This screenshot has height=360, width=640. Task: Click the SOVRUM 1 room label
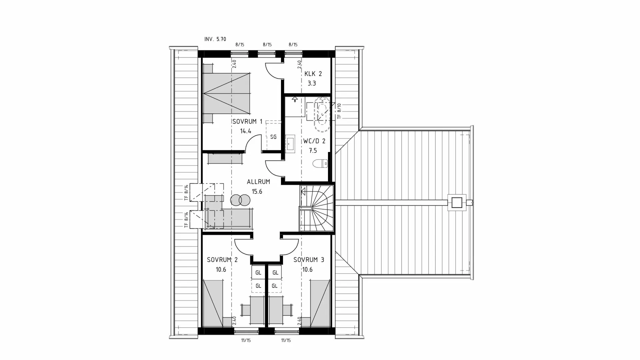pyautogui.click(x=247, y=122)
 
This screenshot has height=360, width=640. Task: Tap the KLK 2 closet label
pyautogui.click(x=313, y=74)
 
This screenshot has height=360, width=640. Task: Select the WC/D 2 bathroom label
pyautogui.click(x=314, y=141)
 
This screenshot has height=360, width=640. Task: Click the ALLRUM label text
pyautogui.click(x=258, y=182)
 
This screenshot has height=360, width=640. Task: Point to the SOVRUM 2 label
pyautogui.click(x=222, y=260)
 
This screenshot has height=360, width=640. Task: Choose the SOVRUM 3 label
pyautogui.click(x=308, y=260)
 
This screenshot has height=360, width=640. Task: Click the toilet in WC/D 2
pyautogui.click(x=320, y=164)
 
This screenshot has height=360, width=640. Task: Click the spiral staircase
pyautogui.click(x=317, y=208)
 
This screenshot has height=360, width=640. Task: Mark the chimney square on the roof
pyautogui.click(x=457, y=202)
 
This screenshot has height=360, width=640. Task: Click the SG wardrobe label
pyautogui.click(x=273, y=137)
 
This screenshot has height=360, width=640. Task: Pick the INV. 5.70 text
pyautogui.click(x=215, y=39)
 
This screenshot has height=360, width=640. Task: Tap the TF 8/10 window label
pyautogui.click(x=339, y=111)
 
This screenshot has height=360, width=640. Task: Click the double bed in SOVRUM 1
pyautogui.click(x=227, y=94)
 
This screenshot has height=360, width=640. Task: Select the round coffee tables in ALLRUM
pyautogui.click(x=240, y=200)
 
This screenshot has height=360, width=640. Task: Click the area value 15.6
pyautogui.click(x=257, y=192)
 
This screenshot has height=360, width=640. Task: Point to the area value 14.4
pyautogui.click(x=245, y=131)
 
